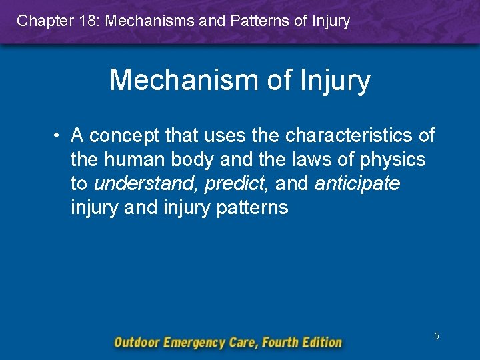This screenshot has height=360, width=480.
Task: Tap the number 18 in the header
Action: click(86, 21)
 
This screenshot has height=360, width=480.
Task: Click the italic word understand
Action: click(146, 184)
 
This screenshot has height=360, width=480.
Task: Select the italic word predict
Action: click(235, 184)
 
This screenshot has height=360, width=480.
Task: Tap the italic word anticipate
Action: click(357, 184)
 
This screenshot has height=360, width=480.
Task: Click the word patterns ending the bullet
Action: click(251, 208)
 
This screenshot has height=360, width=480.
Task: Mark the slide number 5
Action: click(436, 336)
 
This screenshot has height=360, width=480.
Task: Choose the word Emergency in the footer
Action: click(197, 343)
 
